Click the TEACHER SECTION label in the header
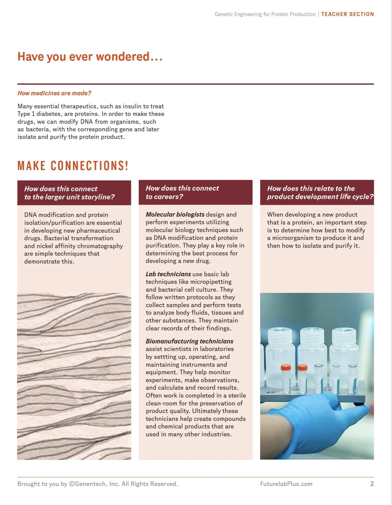348,14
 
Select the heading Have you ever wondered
90,57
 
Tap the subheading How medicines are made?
54,93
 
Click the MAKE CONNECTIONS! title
73,166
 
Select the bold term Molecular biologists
175,215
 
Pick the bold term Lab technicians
168,274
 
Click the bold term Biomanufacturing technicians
190,341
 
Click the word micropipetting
211,282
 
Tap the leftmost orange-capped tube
286,379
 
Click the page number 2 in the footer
372,484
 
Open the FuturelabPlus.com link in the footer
286,484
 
